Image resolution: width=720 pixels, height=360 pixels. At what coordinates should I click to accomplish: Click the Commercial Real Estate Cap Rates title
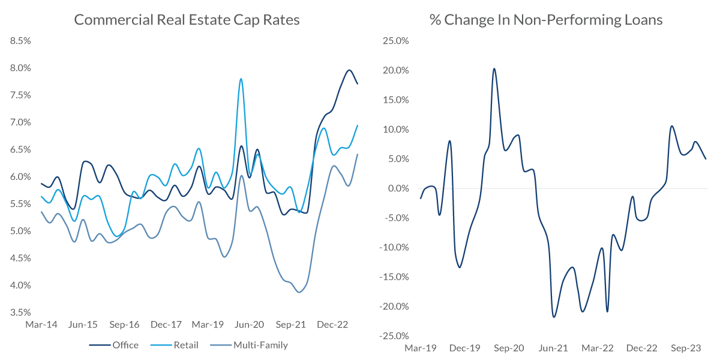coord(187,20)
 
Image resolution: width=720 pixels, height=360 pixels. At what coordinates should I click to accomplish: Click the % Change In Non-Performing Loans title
coord(546,20)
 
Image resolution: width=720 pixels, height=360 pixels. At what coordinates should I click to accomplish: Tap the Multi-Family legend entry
coord(260,345)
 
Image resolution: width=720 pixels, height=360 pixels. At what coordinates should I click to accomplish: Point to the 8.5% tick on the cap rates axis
coord(20,41)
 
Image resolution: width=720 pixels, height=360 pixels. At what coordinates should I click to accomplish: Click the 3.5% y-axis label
coord(20,312)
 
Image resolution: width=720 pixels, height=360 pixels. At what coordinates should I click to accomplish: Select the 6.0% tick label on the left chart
coord(20,176)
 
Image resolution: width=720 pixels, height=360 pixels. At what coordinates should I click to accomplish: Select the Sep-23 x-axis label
coord(686,348)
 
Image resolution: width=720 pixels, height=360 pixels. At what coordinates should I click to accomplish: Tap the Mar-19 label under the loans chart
coord(420,348)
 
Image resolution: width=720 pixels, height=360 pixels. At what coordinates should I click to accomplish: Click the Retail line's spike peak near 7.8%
coord(241,79)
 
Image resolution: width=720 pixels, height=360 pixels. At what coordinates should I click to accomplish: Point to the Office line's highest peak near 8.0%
coord(349,70)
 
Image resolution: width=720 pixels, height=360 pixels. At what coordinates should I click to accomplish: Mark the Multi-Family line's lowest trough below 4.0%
coord(299,292)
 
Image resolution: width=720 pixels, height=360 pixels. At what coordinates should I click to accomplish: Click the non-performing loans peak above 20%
coord(494,68)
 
